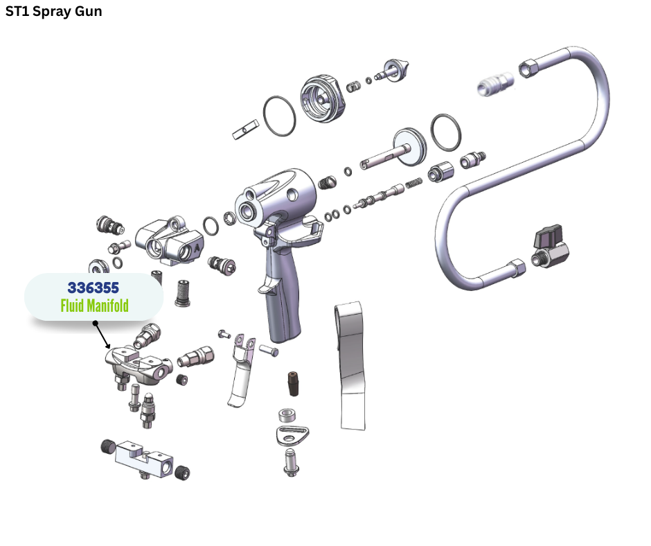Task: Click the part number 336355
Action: click(93, 288)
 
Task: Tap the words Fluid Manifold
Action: click(94, 306)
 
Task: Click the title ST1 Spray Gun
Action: click(53, 11)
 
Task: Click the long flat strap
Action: click(351, 366)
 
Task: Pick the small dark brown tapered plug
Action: click(294, 384)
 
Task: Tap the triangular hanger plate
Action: click(292, 435)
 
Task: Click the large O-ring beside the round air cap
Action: click(279, 116)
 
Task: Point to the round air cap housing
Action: click(323, 99)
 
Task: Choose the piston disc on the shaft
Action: click(409, 147)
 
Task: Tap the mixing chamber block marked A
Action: click(170, 241)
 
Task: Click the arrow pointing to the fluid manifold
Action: click(102, 335)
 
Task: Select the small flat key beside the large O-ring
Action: click(245, 130)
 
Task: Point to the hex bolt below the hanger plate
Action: click(291, 462)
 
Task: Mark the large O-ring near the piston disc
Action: click(445, 133)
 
